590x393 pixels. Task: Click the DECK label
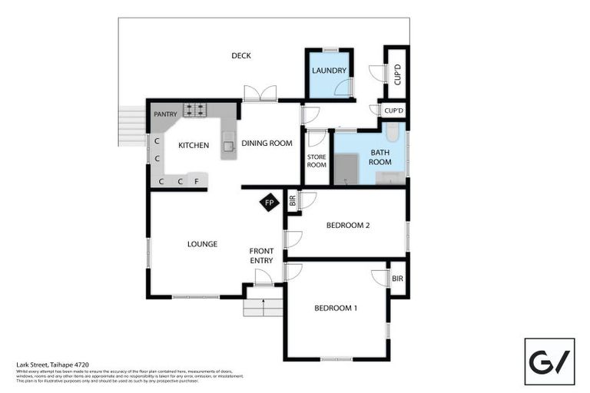pos(241,55)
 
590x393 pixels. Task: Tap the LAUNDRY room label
pos(329,71)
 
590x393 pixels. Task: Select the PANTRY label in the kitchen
pos(165,114)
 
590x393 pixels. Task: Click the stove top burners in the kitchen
pos(194,109)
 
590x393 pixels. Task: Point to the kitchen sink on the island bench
pos(228,142)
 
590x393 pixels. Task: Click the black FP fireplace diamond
pos(269,203)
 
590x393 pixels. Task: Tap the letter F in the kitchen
pos(197,182)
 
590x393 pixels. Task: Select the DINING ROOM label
pos(267,144)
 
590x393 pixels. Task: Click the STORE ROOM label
pos(317,160)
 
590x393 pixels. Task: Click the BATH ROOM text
pos(380,157)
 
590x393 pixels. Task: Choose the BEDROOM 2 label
pos(348,226)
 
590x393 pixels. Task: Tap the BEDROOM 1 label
pos(336,308)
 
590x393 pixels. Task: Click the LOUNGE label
pos(202,244)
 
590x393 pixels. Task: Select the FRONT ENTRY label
pos(261,256)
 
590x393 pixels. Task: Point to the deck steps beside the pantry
pos(132,125)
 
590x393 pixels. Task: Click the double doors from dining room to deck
pos(260,94)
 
